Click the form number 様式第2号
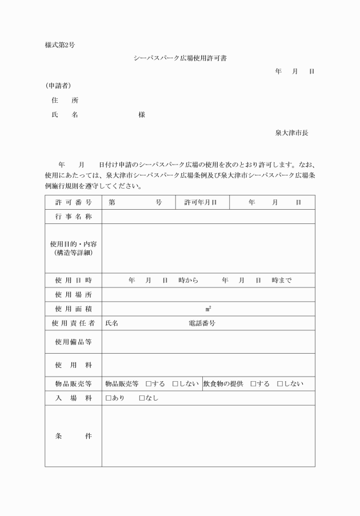coord(59,45)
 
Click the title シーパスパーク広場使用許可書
coord(180,58)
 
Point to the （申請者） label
coord(58,86)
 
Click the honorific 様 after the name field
coord(142,115)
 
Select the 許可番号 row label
coord(73,203)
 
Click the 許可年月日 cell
coord(201,203)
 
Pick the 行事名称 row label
coord(73,217)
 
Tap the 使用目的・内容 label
coord(73,244)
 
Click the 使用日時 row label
coord(73,281)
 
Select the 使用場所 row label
coord(73,295)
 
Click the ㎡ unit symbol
coord(208,309)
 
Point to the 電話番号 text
coord(202,323)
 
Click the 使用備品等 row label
coord(73,342)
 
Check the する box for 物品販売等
coord(149,384)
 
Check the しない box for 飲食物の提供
coord(280,384)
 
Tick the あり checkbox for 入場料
coord(109,398)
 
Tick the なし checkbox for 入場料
coord(142,398)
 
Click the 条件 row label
coord(73,436)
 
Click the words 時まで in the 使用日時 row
coord(282,281)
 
